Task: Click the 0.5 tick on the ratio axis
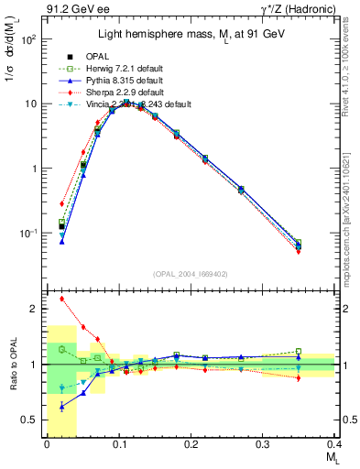click(36, 420)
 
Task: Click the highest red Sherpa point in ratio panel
click(61, 298)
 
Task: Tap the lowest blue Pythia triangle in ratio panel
click(61, 406)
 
